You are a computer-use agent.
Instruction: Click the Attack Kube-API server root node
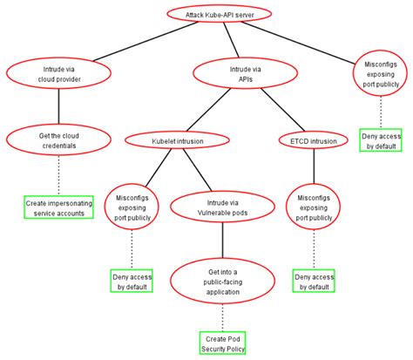pos(228,15)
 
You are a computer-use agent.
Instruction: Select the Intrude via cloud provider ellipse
pos(58,71)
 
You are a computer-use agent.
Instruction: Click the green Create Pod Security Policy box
pos(222,343)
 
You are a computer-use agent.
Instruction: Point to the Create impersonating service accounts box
pos(58,207)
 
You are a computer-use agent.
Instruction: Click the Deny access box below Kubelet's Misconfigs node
pos(132,281)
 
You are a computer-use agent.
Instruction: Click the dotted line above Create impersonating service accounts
pos(58,177)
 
